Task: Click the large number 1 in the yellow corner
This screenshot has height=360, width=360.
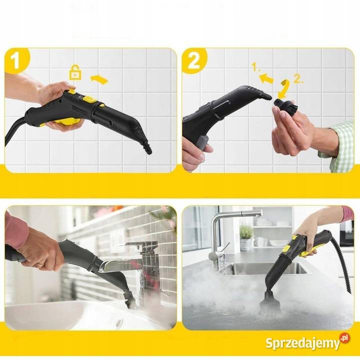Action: (15, 60)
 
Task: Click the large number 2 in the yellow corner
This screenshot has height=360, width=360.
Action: (193, 60)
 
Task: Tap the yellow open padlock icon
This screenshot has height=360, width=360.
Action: (75, 72)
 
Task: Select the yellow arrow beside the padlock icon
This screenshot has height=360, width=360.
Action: (99, 79)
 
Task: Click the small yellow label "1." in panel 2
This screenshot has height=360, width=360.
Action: (255, 67)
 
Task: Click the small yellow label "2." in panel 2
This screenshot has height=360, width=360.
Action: (298, 79)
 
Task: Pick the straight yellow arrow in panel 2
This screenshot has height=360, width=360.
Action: (266, 78)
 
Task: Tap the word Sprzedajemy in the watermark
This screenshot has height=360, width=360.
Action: (302, 343)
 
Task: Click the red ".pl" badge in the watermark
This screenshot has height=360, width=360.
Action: (345, 338)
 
